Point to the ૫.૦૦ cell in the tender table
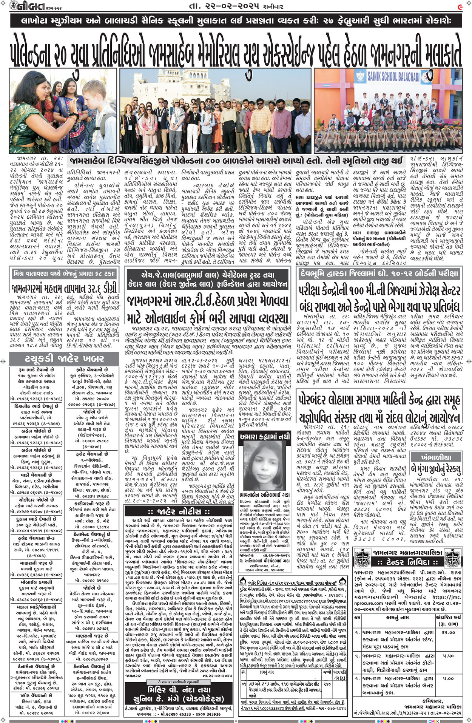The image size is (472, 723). (448, 678)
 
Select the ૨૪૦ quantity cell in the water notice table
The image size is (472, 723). (327, 683)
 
